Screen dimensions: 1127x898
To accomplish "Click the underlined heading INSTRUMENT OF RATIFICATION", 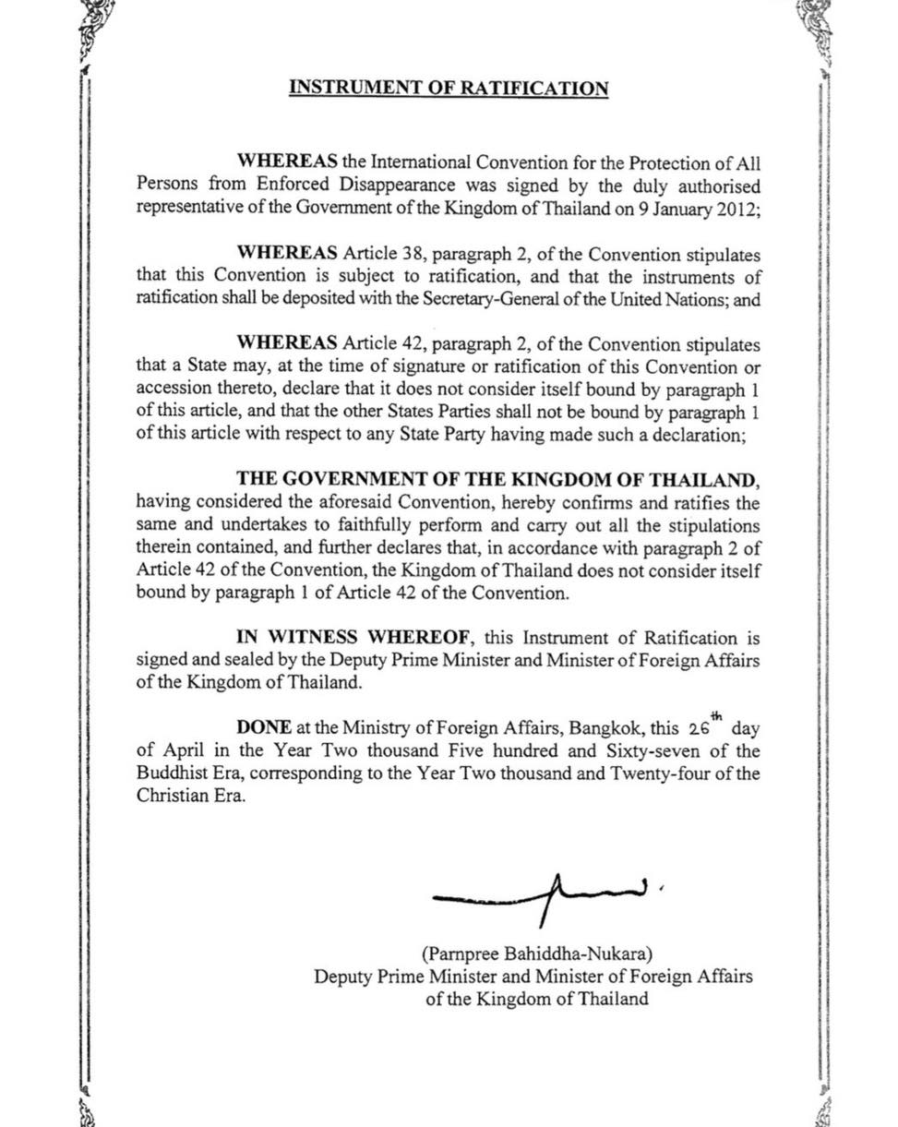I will pos(449,89).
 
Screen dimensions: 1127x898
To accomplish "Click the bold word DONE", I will pos(264,728).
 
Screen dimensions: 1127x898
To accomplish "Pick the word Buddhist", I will pos(172,773).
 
